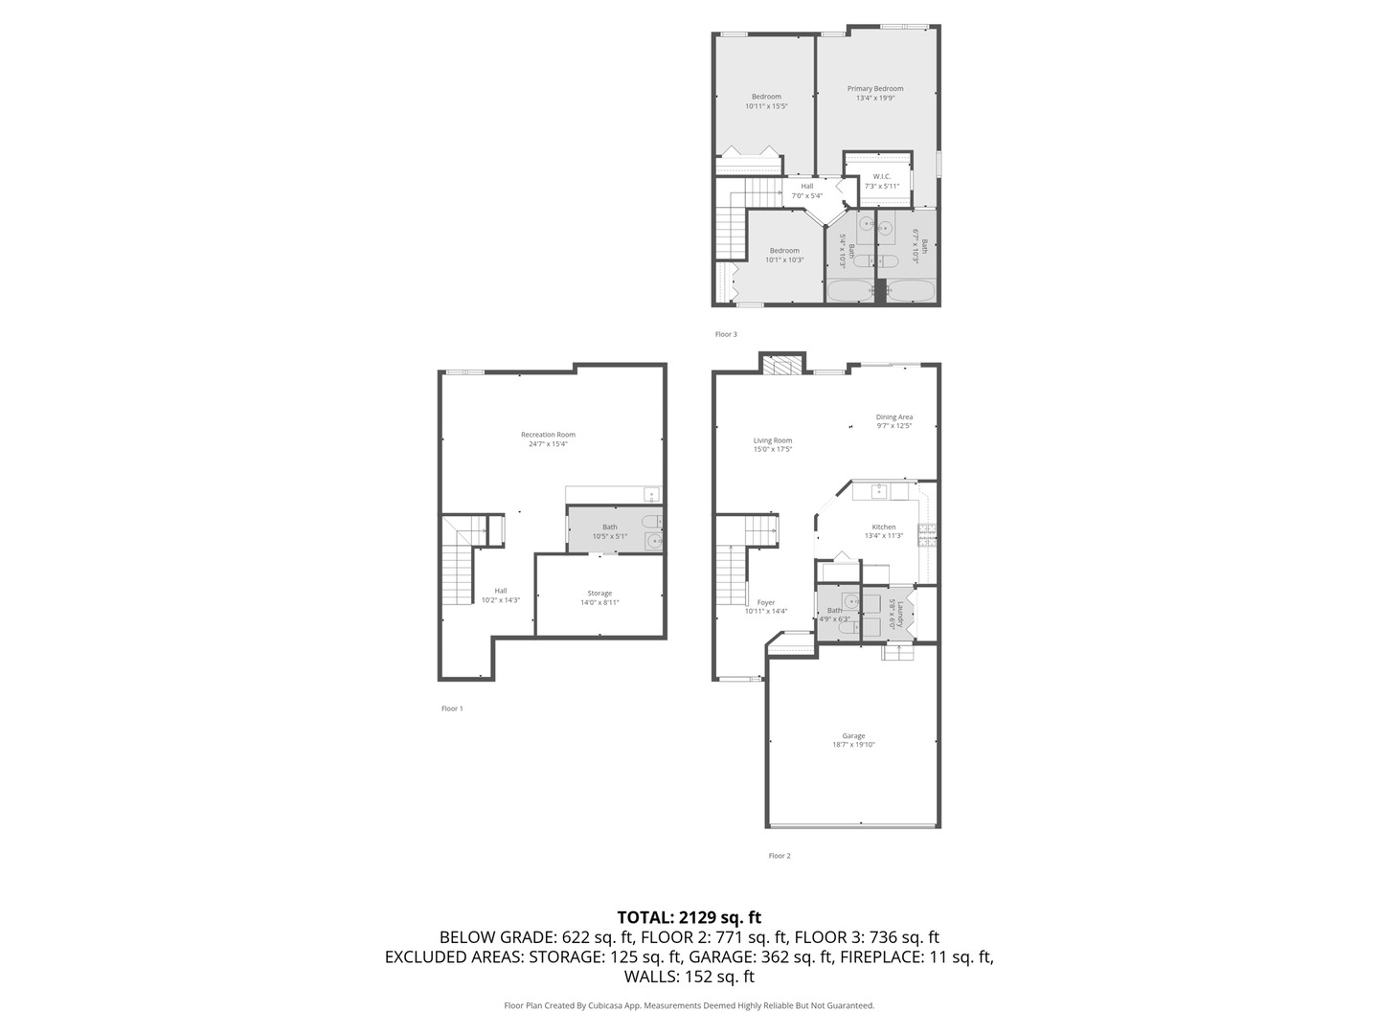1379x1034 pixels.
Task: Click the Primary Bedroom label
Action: click(874, 89)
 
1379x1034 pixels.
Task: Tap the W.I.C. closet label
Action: click(881, 177)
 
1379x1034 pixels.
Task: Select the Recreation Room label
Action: click(548, 435)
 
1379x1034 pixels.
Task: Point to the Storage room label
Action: click(599, 594)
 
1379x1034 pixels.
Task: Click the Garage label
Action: click(853, 736)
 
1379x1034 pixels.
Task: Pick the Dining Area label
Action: click(893, 417)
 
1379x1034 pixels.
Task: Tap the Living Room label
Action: click(772, 441)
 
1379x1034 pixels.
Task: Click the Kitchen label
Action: click(883, 528)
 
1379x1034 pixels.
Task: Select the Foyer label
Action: click(765, 603)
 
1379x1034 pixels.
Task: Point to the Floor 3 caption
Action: click(726, 334)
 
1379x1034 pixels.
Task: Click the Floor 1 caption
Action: click(452, 708)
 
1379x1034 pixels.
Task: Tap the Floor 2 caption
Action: click(779, 856)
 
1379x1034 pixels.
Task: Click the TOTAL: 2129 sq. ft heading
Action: click(689, 917)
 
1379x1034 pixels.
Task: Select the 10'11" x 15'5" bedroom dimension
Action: click(766, 106)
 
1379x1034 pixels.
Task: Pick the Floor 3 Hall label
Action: click(806, 187)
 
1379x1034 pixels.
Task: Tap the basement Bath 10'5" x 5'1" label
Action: click(609, 528)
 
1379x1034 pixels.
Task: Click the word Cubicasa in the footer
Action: click(600, 1005)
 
